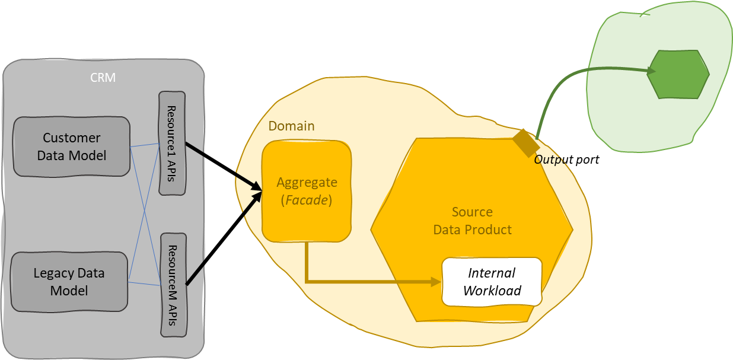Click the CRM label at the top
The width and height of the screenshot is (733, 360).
tap(103, 78)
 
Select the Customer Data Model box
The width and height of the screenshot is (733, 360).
tap(71, 146)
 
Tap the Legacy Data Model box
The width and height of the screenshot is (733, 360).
tap(69, 282)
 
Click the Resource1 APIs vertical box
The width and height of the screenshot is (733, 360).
tap(172, 143)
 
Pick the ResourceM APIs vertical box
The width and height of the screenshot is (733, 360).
tap(174, 285)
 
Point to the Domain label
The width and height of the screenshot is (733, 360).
tap(291, 126)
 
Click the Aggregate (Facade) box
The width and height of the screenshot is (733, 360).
tap(307, 191)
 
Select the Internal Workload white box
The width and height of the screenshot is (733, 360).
tap(492, 282)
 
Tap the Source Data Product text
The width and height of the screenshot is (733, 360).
tap(472, 221)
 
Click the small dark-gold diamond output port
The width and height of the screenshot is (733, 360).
tap(526, 143)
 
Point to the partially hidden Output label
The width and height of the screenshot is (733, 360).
tap(551, 160)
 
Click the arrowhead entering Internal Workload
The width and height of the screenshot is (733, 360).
tap(437, 282)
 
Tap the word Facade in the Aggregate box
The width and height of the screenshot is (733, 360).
tap(307, 200)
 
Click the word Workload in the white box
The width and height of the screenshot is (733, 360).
tap(492, 291)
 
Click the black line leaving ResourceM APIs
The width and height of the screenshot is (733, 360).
tap(196, 272)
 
